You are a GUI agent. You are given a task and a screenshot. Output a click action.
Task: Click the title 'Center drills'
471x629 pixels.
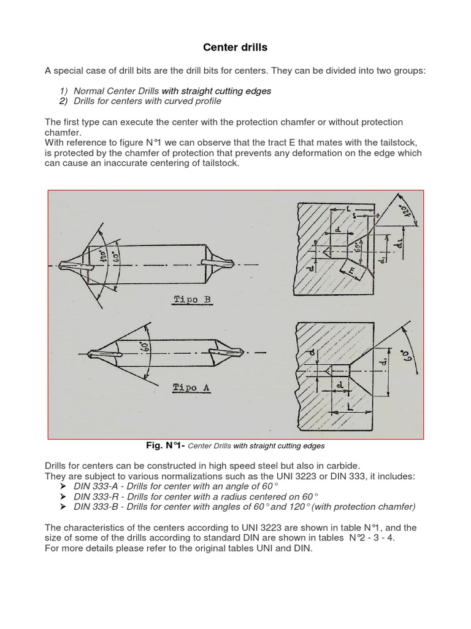coord(235,47)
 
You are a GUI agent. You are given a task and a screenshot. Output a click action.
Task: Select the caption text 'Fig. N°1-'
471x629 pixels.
coord(164,445)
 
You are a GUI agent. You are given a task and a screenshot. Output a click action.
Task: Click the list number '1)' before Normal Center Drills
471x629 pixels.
coord(62,91)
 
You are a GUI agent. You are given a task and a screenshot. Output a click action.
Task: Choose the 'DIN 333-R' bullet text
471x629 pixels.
coord(94,496)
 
